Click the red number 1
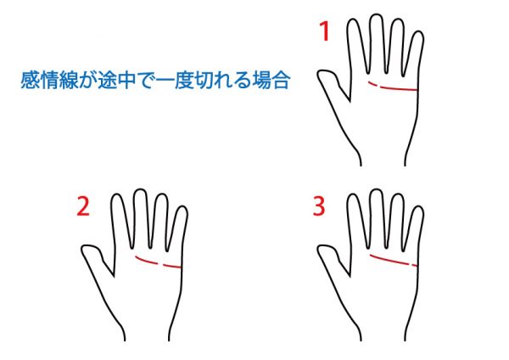325,31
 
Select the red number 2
83,206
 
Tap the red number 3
319,206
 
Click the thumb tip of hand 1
319,73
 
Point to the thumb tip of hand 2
83,249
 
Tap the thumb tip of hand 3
319,249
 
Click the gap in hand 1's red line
379,86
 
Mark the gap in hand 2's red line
160,264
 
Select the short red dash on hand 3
414,265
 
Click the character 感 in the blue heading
31,80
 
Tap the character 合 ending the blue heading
280,80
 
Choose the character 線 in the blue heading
69,80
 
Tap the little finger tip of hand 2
182,207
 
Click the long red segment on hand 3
389,259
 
